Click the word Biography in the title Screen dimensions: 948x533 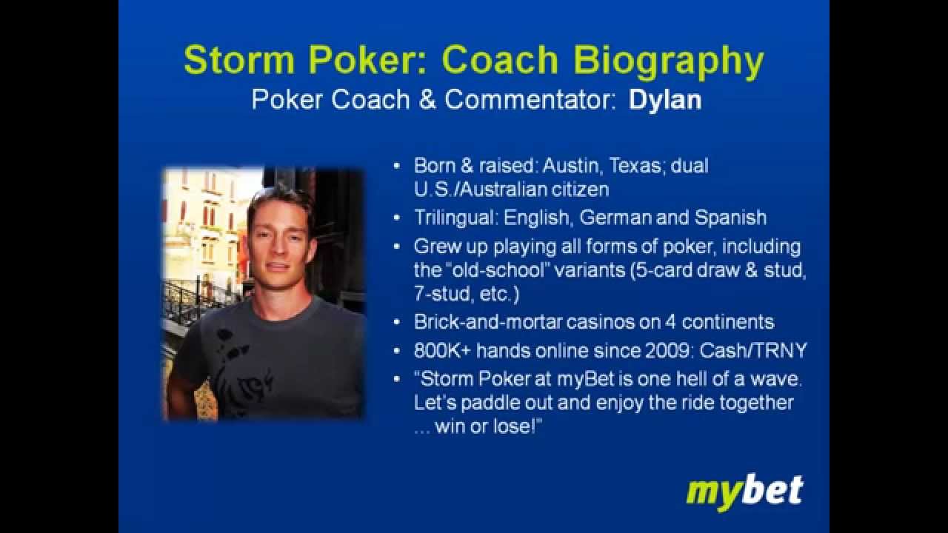(x=668, y=61)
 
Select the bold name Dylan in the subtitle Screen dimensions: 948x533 (x=665, y=101)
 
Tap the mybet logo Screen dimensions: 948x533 (x=745, y=492)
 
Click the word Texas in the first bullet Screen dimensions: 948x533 (x=635, y=165)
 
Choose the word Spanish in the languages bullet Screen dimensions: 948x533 (x=730, y=218)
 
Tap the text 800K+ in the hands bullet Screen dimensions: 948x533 (x=442, y=351)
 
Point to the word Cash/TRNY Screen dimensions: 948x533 (x=753, y=351)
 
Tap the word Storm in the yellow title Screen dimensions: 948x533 (x=238, y=61)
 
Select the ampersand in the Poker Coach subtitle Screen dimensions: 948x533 (x=427, y=101)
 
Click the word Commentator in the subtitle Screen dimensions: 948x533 (x=530, y=101)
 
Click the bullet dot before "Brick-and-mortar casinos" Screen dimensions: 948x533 (x=396, y=323)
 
